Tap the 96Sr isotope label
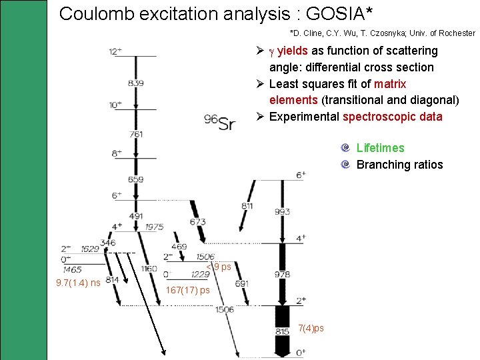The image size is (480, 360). [x=220, y=122]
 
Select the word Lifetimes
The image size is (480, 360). [x=380, y=148]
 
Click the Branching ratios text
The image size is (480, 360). [x=399, y=165]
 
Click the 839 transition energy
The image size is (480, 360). [x=136, y=83]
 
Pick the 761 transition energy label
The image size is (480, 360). [x=136, y=135]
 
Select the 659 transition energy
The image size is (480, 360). [x=136, y=179]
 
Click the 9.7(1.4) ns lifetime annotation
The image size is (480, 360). [x=79, y=283]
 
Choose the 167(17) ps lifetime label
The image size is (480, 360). [x=187, y=290]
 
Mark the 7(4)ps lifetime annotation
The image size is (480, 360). [x=311, y=328]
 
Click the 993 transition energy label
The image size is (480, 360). [x=282, y=211]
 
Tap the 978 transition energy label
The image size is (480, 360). [x=282, y=274]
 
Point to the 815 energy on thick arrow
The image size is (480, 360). [x=282, y=331]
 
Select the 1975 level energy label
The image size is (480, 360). [x=154, y=227]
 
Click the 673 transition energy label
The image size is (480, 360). [x=197, y=221]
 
